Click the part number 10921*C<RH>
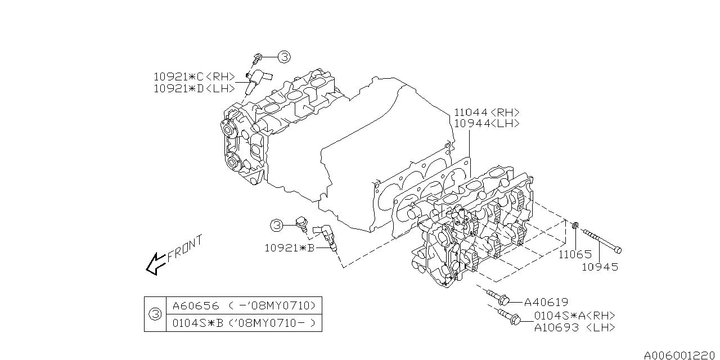coord(195,77)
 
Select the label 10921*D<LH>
coord(195,88)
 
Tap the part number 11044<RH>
coord(487,112)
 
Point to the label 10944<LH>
coord(487,123)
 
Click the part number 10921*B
coord(289,248)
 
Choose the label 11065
coord(575,255)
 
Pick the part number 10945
coord(600,267)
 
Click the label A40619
coord(546,302)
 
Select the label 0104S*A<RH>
coord(575,316)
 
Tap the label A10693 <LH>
coord(575,327)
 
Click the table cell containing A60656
coord(244,305)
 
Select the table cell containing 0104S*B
coord(244,323)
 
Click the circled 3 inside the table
coord(156,314)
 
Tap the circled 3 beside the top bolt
coord(284,57)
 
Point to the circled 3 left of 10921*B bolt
coord(277,226)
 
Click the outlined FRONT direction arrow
coord(156,264)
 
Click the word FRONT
coord(185,249)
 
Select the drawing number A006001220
coord(681,355)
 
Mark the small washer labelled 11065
coord(575,226)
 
